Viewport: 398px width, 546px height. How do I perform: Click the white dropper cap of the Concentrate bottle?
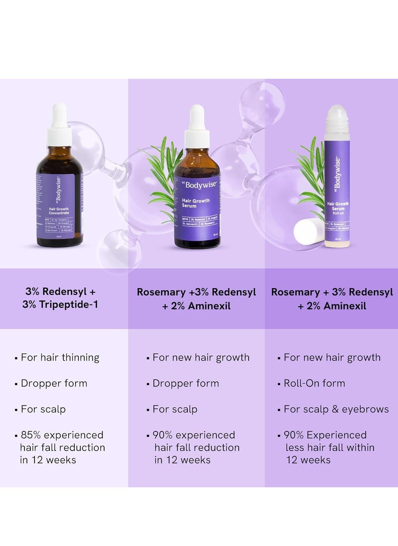coord(59,125)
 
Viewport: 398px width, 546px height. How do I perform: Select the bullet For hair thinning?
coord(60,357)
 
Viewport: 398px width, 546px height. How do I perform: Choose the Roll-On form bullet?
coord(314,383)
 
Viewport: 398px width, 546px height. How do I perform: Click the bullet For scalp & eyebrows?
coord(336,409)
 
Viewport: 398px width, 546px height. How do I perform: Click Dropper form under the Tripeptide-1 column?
coord(54,383)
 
